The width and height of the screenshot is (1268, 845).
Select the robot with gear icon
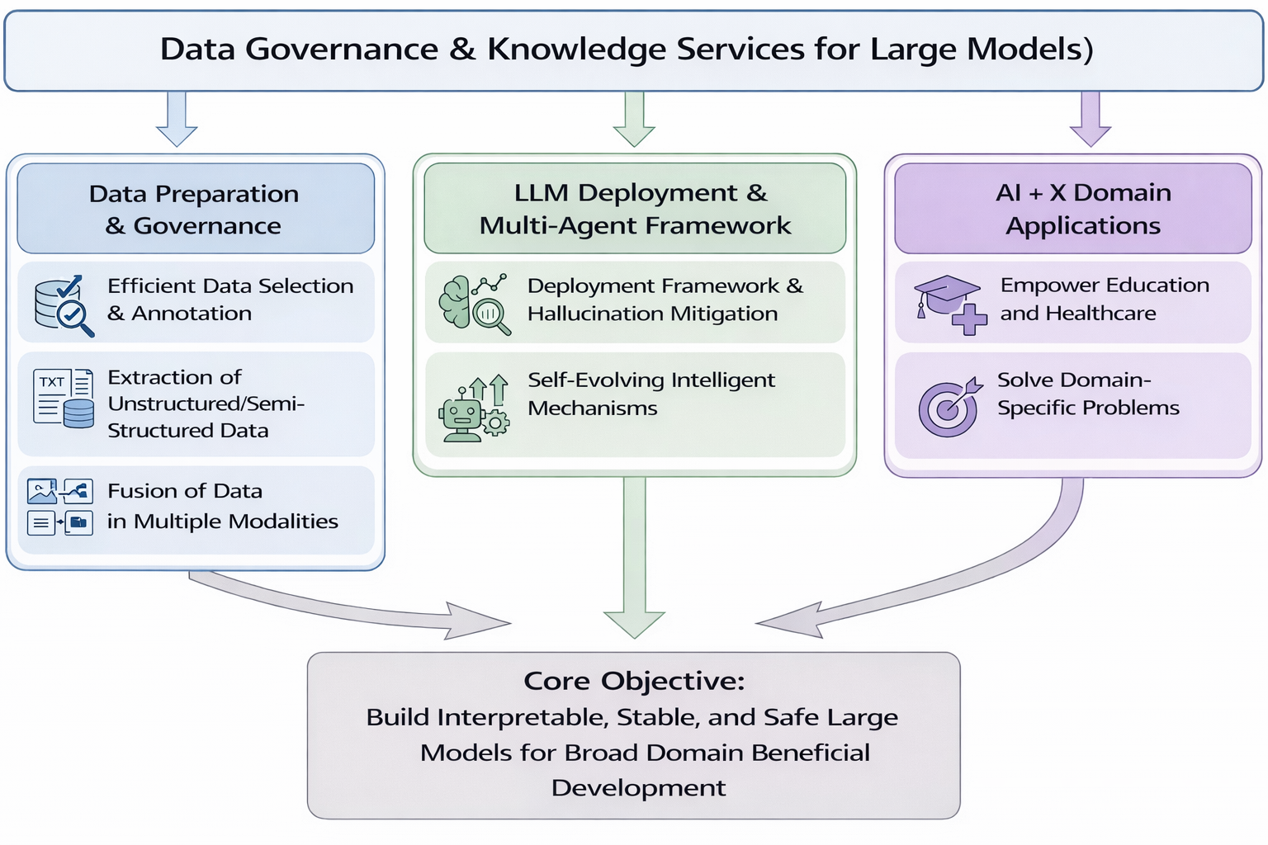pyautogui.click(x=475, y=408)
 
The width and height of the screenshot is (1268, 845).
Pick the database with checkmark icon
pyautogui.click(x=64, y=305)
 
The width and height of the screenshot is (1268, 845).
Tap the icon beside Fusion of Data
pyautogui.click(x=60, y=507)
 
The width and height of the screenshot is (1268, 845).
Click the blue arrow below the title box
pyautogui.click(x=177, y=119)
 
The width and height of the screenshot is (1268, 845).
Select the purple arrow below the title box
pyautogui.click(x=1091, y=119)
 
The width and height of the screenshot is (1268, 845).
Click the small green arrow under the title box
pyautogui.click(x=634, y=119)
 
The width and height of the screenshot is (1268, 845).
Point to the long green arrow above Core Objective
pyautogui.click(x=635, y=558)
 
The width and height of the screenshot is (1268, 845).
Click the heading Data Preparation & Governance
pyautogui.click(x=194, y=210)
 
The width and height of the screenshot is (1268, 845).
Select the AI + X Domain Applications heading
pyautogui.click(x=1083, y=209)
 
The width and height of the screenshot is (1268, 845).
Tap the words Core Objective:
pyautogui.click(x=634, y=681)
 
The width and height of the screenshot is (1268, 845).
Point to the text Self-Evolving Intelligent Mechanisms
pyautogui.click(x=651, y=394)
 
